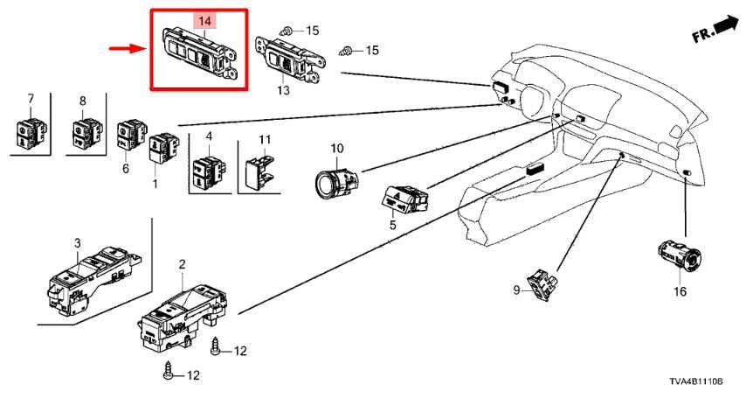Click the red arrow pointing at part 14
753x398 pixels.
click(x=128, y=50)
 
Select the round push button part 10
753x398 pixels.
click(x=336, y=181)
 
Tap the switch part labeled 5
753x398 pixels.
click(x=403, y=198)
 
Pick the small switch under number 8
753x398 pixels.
click(x=84, y=132)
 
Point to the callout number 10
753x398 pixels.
click(x=337, y=149)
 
